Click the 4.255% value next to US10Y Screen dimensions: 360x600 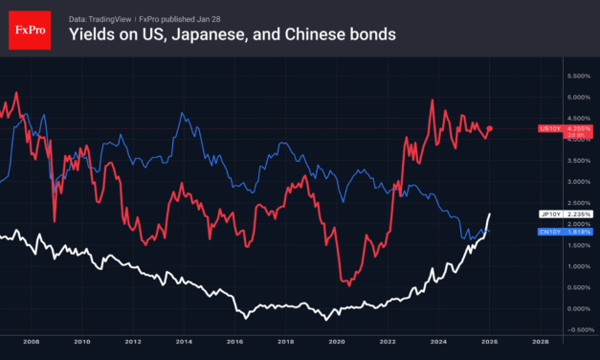coord(578,127)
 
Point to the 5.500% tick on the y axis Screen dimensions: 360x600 coord(578,75)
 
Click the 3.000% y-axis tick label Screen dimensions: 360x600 coord(578,181)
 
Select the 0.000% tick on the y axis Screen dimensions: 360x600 coord(578,308)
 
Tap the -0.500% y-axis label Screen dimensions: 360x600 coord(577,329)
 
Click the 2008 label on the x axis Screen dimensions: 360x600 coord(31,341)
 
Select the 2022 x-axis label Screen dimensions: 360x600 coord(388,341)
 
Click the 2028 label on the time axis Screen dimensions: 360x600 coord(541,341)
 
